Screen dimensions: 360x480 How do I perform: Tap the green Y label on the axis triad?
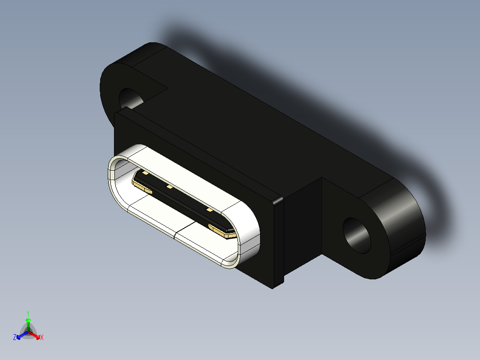(x=28, y=313)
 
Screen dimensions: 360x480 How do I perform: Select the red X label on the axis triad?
(x=42, y=338)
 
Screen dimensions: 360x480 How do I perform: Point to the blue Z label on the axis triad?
(x=15, y=338)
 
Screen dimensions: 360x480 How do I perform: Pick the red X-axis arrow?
(x=36, y=335)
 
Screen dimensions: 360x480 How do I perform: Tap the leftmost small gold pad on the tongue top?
(x=145, y=173)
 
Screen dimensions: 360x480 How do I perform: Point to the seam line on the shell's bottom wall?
(x=175, y=233)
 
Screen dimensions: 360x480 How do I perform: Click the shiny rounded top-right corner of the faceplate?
(x=277, y=200)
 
